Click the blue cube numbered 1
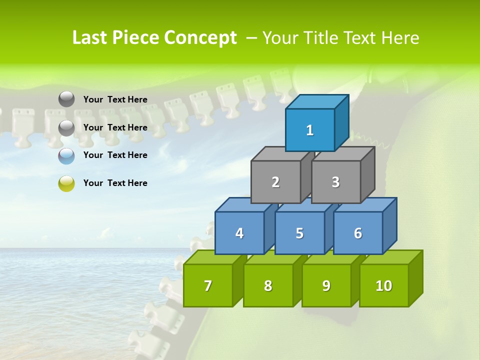310,130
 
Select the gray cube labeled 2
275,182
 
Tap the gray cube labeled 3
335,182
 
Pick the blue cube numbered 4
239,233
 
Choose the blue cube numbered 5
299,233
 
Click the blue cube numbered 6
358,233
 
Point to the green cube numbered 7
208,285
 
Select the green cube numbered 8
268,285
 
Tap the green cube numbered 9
326,285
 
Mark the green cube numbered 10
384,285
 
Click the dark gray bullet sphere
66,99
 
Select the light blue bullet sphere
66,155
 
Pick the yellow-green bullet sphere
66,183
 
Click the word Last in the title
90,38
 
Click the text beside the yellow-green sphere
115,183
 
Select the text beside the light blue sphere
115,155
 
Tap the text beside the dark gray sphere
115,99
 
